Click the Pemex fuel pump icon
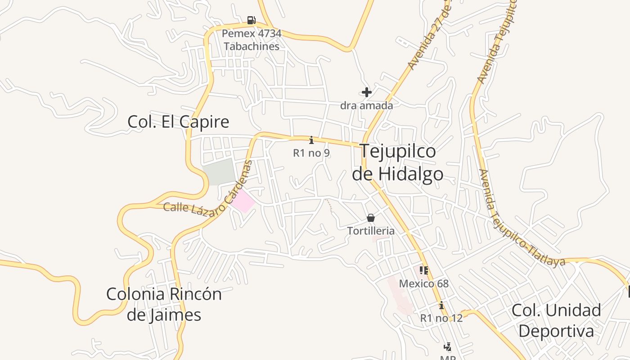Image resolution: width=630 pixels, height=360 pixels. (251, 20)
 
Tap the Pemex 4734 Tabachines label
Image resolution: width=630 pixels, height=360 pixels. (252, 40)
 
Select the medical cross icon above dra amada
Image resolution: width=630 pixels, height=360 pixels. (367, 93)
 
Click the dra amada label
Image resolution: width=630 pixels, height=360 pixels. (367, 105)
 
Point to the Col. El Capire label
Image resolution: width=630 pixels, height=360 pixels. (178, 121)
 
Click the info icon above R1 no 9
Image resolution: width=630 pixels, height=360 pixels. (311, 140)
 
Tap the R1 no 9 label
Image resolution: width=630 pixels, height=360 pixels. (311, 153)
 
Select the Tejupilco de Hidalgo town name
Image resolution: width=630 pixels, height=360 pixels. (398, 162)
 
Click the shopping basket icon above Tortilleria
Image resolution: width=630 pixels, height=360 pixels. (370, 218)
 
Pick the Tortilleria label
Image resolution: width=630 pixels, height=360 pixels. (370, 231)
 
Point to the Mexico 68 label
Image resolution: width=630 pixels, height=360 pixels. (423, 283)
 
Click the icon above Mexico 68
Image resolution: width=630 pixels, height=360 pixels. (423, 270)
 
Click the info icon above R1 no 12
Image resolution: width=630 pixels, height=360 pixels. (441, 305)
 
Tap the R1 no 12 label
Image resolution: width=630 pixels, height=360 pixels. (441, 318)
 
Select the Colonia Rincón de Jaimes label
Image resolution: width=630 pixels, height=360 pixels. (164, 304)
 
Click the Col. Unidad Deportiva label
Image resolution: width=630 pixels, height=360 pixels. (556, 320)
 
